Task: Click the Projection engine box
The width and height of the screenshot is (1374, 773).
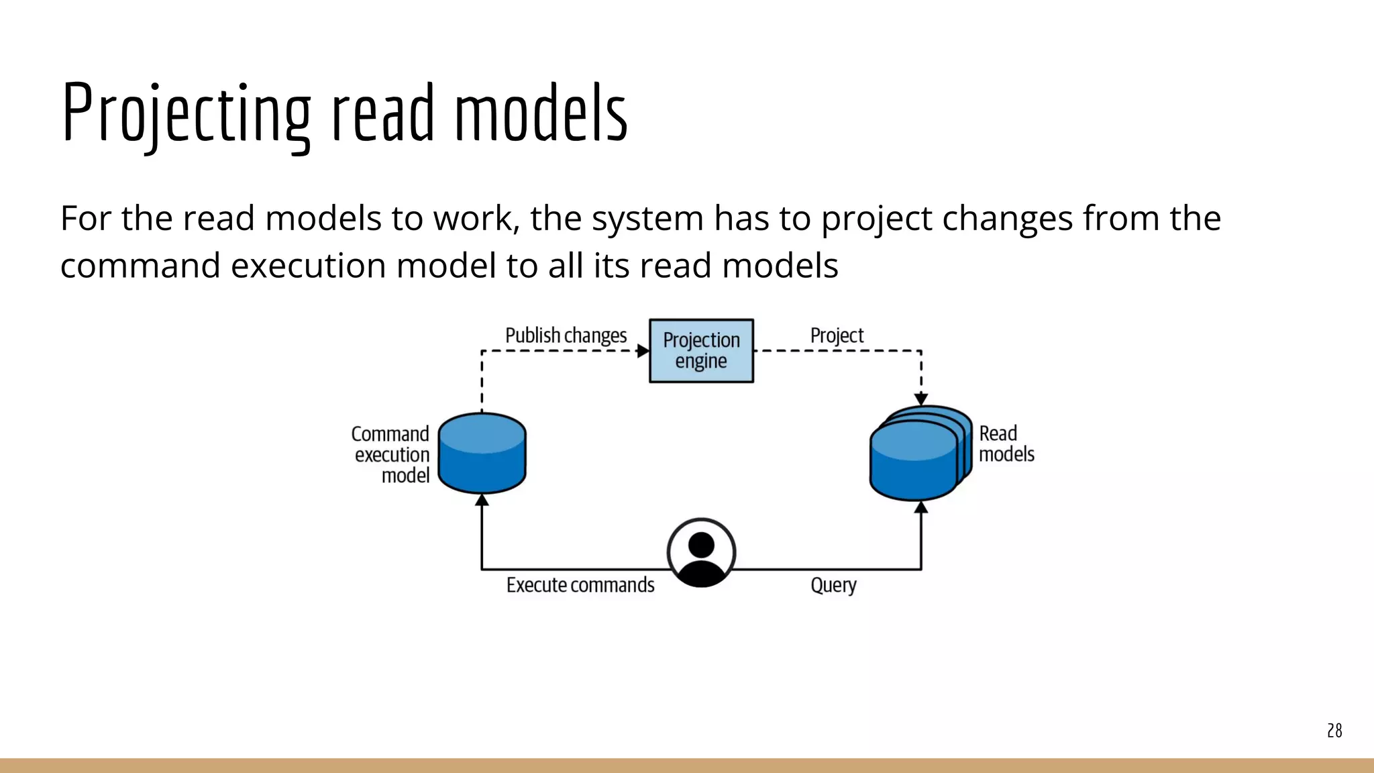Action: click(701, 351)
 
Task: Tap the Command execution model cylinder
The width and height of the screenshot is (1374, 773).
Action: click(482, 454)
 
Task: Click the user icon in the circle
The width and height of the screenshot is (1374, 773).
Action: click(701, 553)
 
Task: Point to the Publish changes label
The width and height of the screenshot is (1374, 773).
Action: click(566, 336)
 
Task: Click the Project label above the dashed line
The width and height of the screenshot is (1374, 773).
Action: click(837, 336)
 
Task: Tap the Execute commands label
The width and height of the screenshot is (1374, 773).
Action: click(580, 585)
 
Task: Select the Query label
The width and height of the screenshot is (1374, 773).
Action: click(833, 585)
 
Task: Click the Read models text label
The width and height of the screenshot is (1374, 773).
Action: click(1006, 444)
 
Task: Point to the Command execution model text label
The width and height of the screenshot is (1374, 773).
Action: click(391, 455)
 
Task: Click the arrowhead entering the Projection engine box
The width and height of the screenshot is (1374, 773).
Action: click(643, 351)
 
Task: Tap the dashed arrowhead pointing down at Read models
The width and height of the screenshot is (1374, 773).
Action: click(921, 399)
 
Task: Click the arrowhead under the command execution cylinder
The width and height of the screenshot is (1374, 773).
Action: click(482, 500)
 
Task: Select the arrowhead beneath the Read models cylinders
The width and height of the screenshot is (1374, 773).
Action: click(921, 507)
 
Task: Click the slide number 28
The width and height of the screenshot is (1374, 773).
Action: click(1334, 731)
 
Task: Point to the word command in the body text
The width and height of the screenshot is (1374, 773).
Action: click(140, 266)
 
